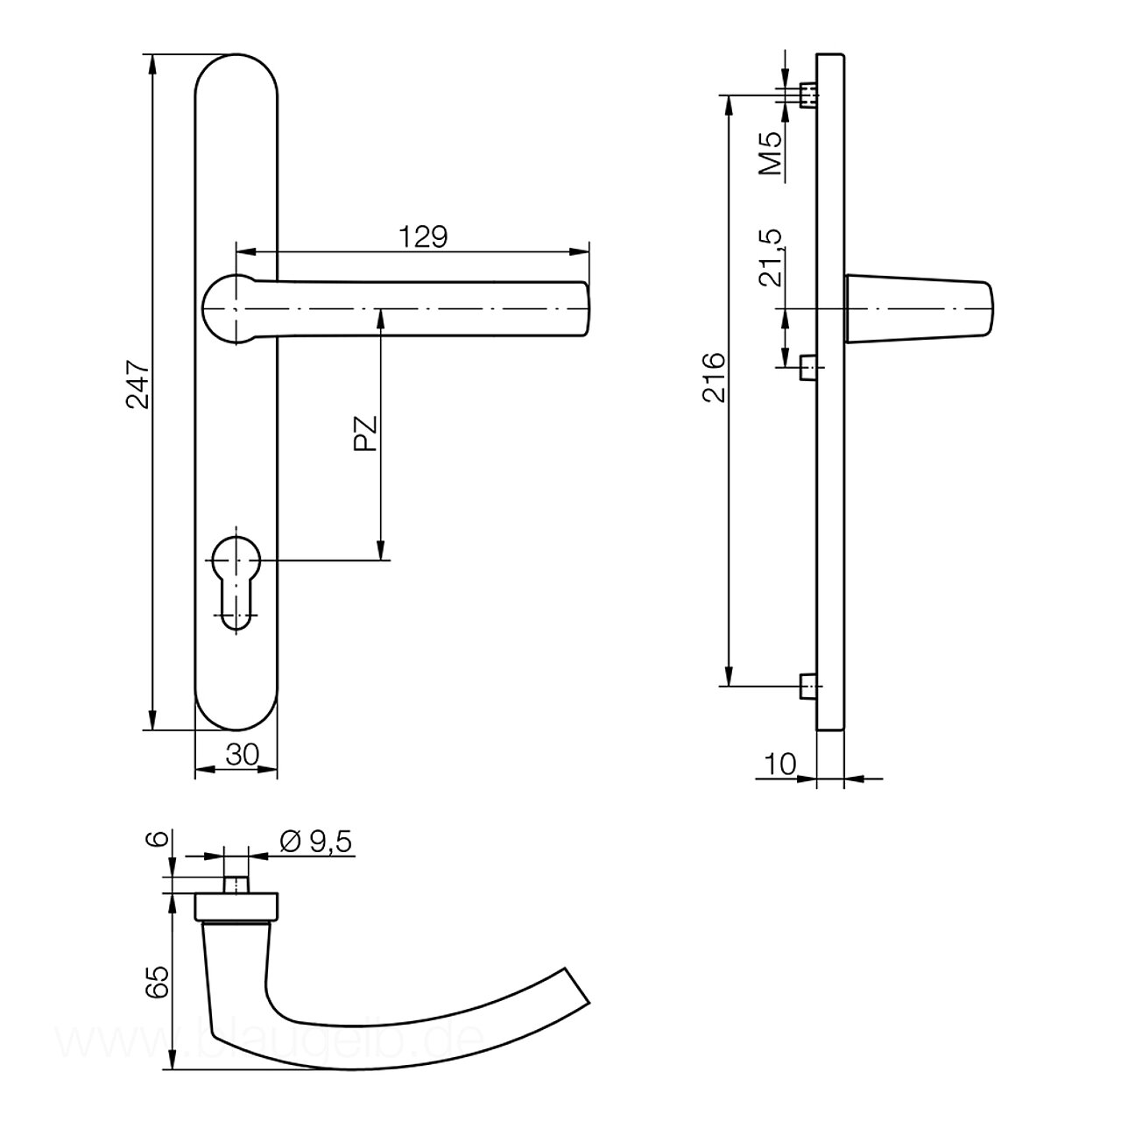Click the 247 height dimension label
[x=138, y=384]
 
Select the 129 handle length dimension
[x=423, y=237]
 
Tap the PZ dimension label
[x=366, y=434]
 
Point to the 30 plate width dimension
[x=242, y=755]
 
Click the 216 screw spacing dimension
[x=715, y=377]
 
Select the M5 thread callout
[x=772, y=153]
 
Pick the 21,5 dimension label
[x=772, y=257]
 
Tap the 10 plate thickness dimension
[x=779, y=764]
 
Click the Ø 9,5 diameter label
[x=316, y=841]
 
